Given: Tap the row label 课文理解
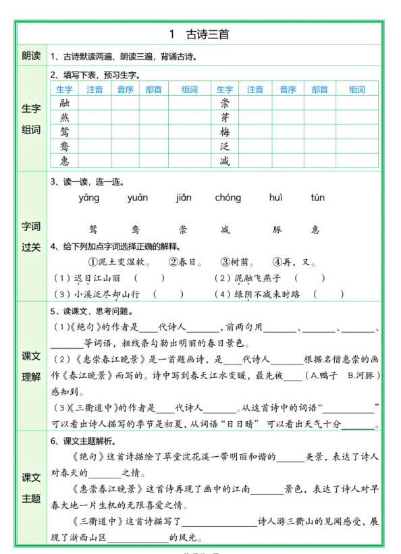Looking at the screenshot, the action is [31, 366].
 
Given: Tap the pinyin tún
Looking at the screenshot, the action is [317, 198].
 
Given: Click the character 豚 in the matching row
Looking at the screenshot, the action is [276, 229].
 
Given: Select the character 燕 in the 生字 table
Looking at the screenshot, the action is [64, 117].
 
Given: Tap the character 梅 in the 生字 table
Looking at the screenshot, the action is [225, 132].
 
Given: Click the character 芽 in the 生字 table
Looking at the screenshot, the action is [225, 117].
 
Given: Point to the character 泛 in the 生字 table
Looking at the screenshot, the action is [225, 146].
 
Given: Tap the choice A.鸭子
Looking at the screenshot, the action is [321, 375].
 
